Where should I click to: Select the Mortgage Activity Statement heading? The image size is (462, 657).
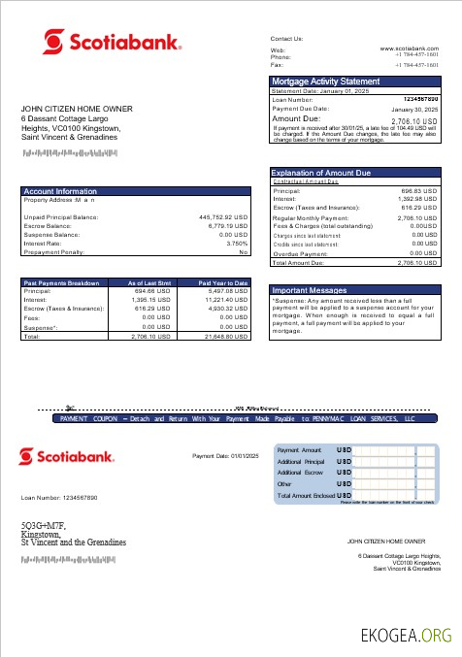pyautogui.click(x=325, y=82)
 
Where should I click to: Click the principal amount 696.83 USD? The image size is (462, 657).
pyautogui.click(x=419, y=192)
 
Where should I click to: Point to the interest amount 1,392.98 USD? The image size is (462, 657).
pyautogui.click(x=417, y=200)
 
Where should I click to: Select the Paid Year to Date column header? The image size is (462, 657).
pyautogui.click(x=223, y=282)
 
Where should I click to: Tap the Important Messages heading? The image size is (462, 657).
pyautogui.click(x=310, y=290)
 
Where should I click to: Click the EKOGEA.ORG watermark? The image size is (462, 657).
pyautogui.click(x=406, y=636)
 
